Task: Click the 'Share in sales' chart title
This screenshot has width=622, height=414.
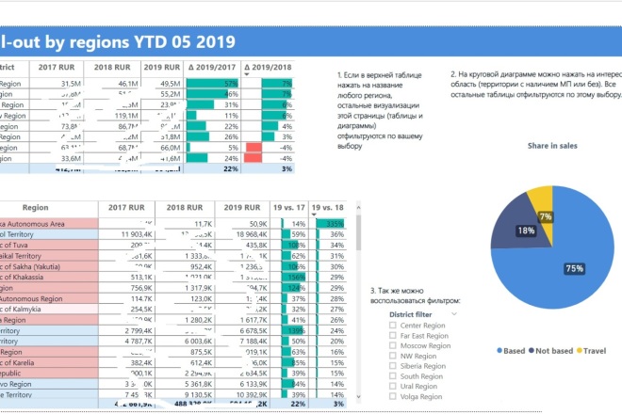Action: [x=551, y=146]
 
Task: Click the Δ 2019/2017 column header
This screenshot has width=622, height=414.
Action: [x=212, y=68]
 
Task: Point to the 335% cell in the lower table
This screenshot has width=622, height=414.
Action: [x=335, y=223]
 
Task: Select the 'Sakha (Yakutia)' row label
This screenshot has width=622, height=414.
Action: [x=38, y=266]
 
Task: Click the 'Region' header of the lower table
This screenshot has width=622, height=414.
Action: [x=36, y=208]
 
